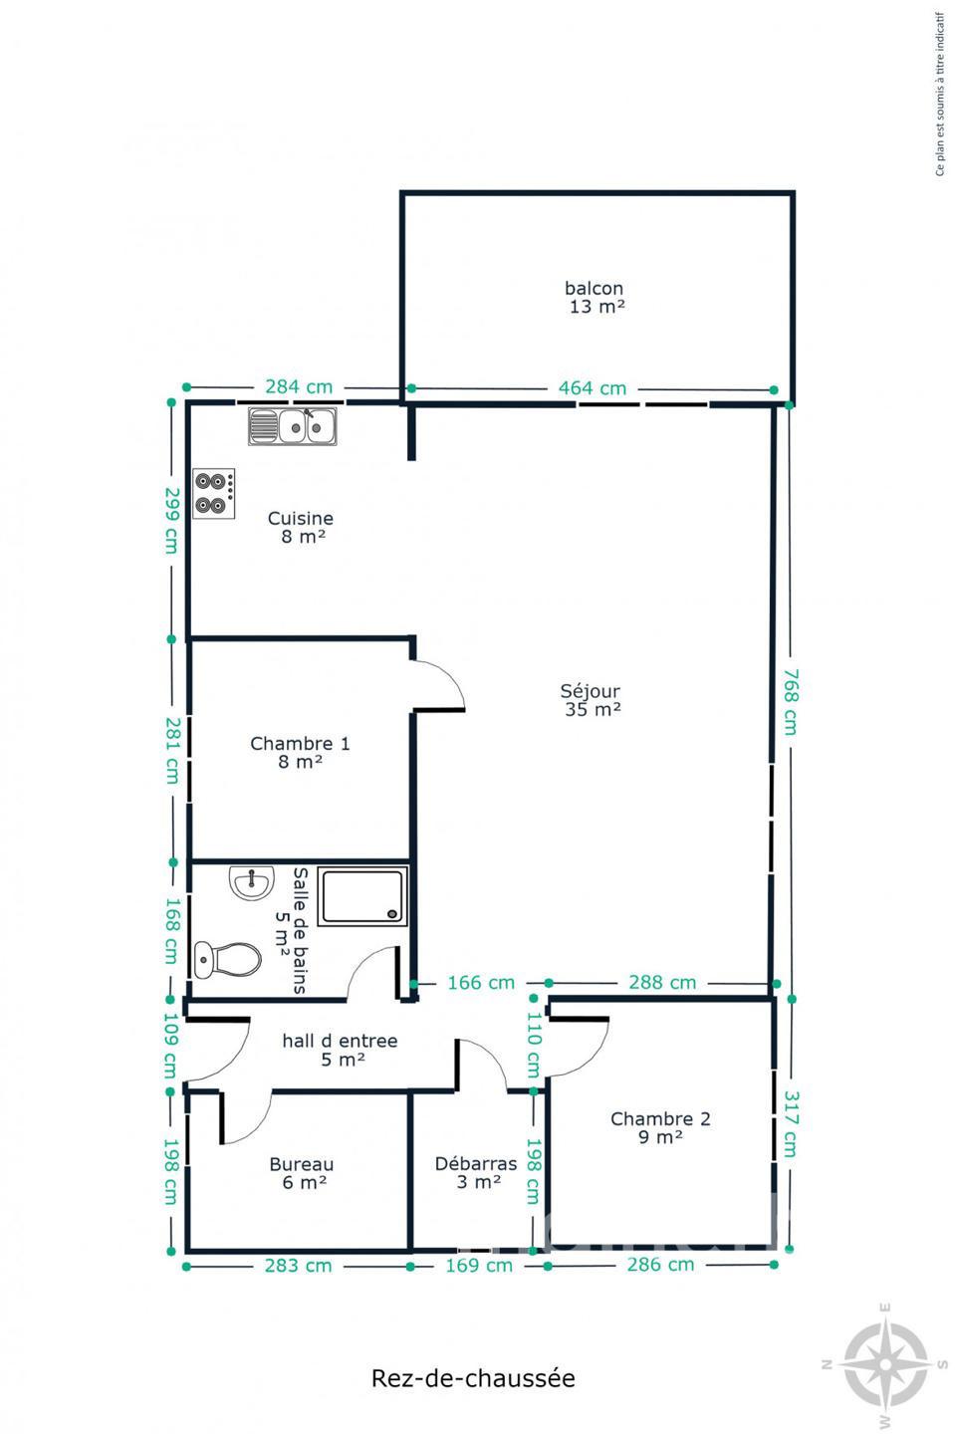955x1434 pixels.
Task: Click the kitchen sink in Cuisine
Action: [293, 426]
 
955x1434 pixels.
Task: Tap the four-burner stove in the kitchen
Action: [214, 493]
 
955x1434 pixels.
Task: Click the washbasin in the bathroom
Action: [252, 883]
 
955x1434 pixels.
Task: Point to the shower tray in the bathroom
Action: [362, 896]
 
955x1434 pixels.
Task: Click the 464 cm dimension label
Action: [593, 388]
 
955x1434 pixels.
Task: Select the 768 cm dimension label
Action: [792, 702]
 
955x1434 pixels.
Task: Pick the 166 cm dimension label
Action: [481, 982]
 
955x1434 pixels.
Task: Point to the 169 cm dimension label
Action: [479, 1266]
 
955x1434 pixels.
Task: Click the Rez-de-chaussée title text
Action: [473, 1378]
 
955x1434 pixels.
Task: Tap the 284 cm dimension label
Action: [299, 386]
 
